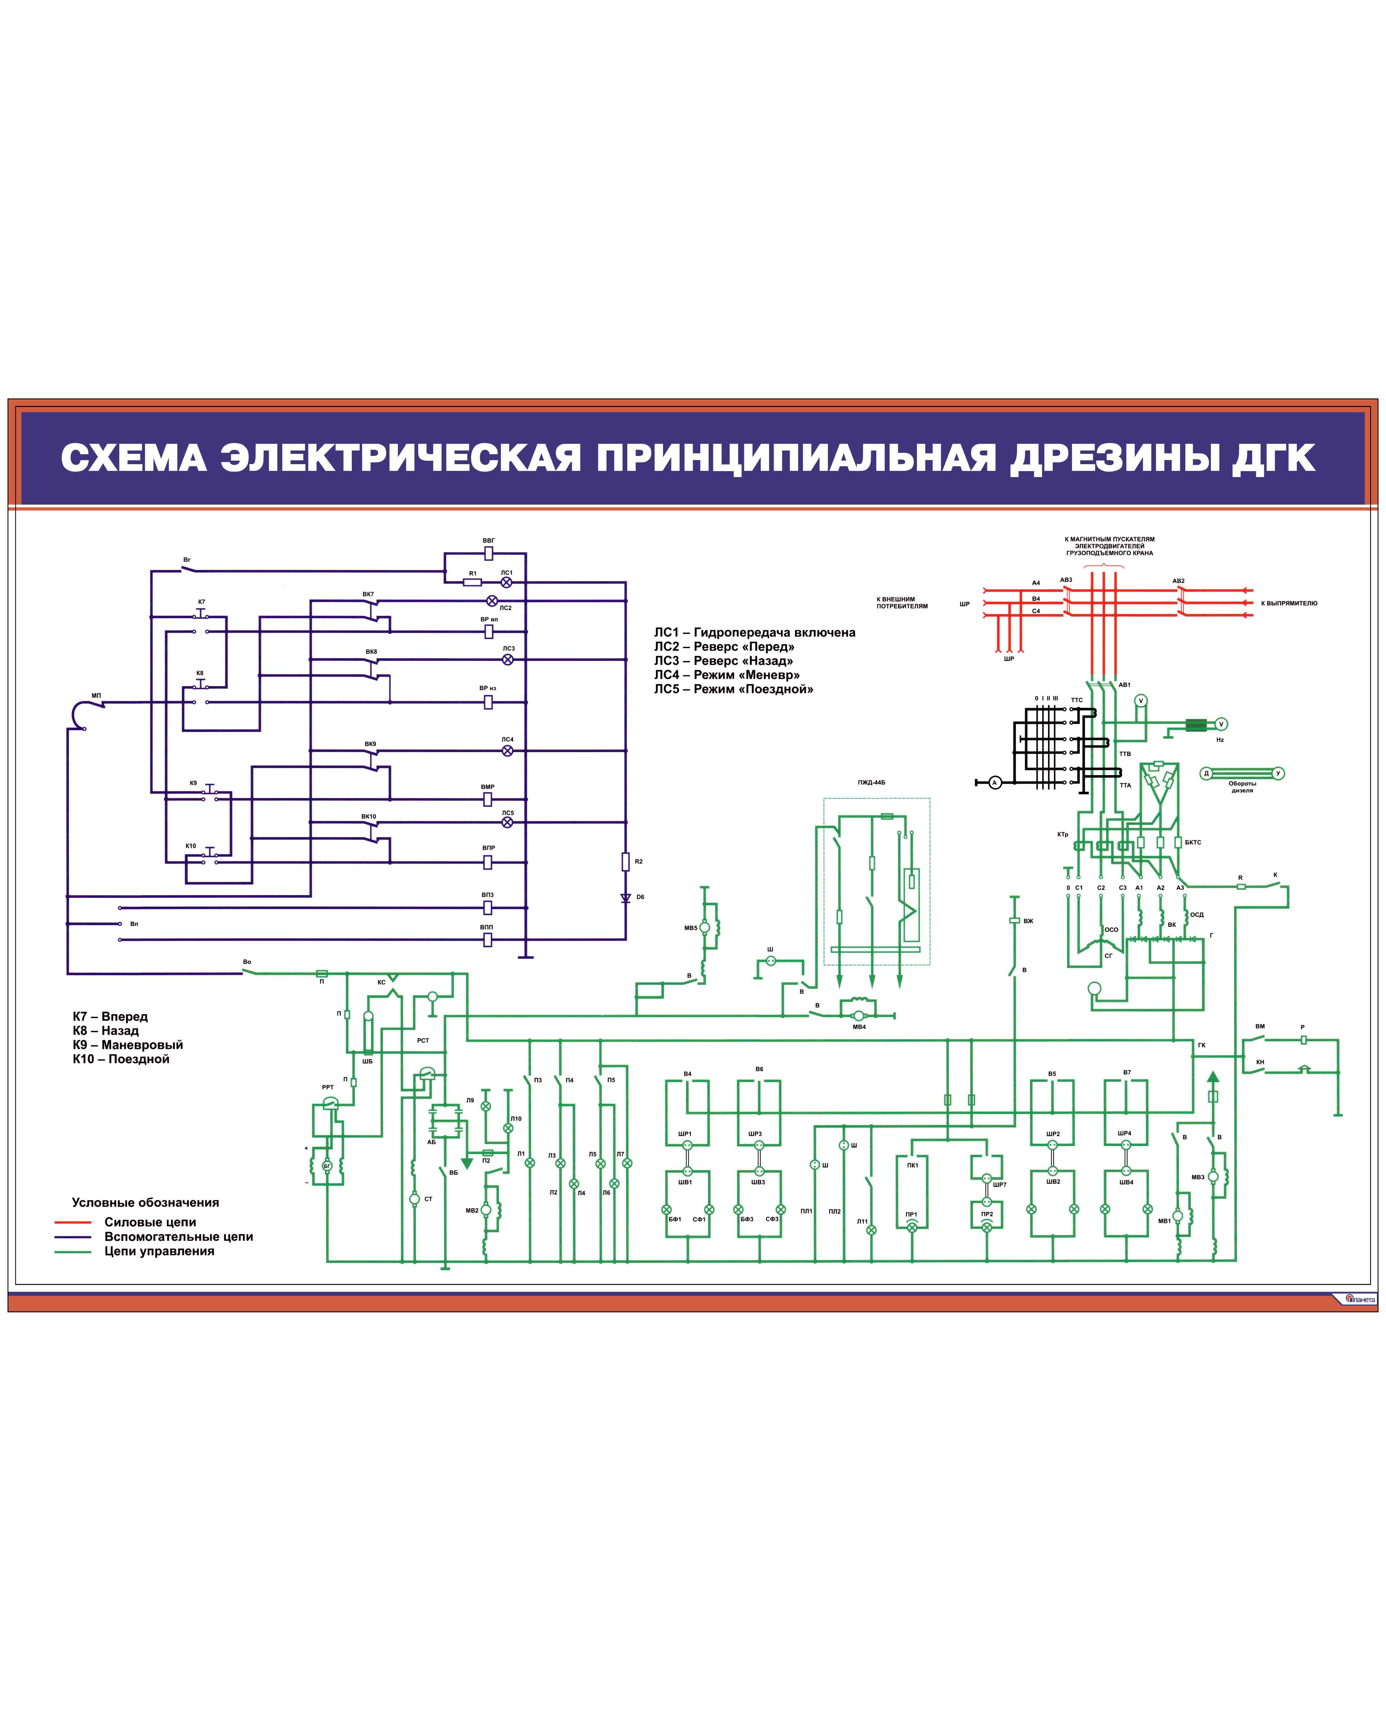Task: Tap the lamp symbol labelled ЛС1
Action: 506,583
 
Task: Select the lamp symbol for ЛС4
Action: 507,750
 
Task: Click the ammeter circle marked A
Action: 995,782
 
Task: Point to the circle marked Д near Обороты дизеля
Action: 1206,773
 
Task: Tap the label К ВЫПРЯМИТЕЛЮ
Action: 1289,604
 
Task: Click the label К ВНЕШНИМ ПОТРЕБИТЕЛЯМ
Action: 902,603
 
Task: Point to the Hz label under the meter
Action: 1220,740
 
